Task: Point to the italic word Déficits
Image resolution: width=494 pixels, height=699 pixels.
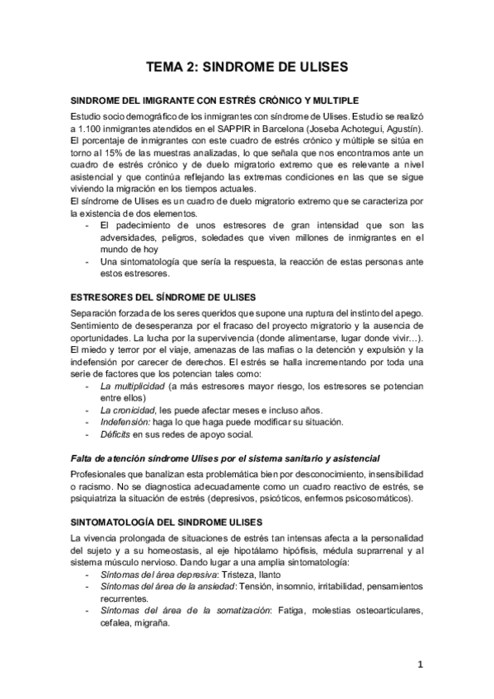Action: [x=116, y=435]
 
